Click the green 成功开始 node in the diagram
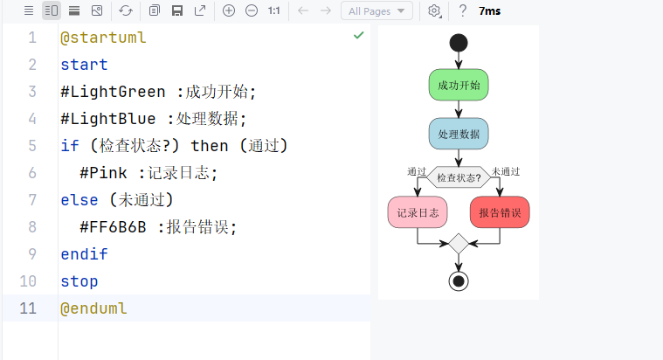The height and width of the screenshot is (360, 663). pyautogui.click(x=459, y=86)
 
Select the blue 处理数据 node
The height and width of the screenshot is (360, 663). pyautogui.click(x=459, y=133)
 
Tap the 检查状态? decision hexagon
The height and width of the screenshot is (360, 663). pyautogui.click(x=459, y=177)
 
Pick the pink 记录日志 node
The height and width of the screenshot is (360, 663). pyautogui.click(x=418, y=212)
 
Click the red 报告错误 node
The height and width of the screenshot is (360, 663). pyautogui.click(x=500, y=212)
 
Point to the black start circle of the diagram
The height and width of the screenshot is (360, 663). pyautogui.click(x=459, y=42)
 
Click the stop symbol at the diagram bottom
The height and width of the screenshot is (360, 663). pyautogui.click(x=459, y=280)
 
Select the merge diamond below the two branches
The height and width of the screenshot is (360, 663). pyautogui.click(x=459, y=244)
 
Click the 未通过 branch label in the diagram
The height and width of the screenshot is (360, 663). pyautogui.click(x=506, y=171)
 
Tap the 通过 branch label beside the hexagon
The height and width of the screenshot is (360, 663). pyautogui.click(x=417, y=171)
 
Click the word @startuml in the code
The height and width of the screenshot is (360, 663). pyautogui.click(x=103, y=38)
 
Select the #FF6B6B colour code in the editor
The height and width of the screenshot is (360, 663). pyautogui.click(x=113, y=227)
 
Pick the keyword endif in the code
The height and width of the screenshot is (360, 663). pyautogui.click(x=84, y=254)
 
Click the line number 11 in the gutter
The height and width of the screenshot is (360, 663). pyautogui.click(x=27, y=308)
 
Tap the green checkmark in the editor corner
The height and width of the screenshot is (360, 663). pyautogui.click(x=358, y=36)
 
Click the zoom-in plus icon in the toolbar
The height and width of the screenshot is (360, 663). pyautogui.click(x=229, y=10)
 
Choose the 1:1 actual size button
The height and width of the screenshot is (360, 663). pyautogui.click(x=274, y=10)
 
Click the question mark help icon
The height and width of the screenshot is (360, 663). pyautogui.click(x=462, y=10)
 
